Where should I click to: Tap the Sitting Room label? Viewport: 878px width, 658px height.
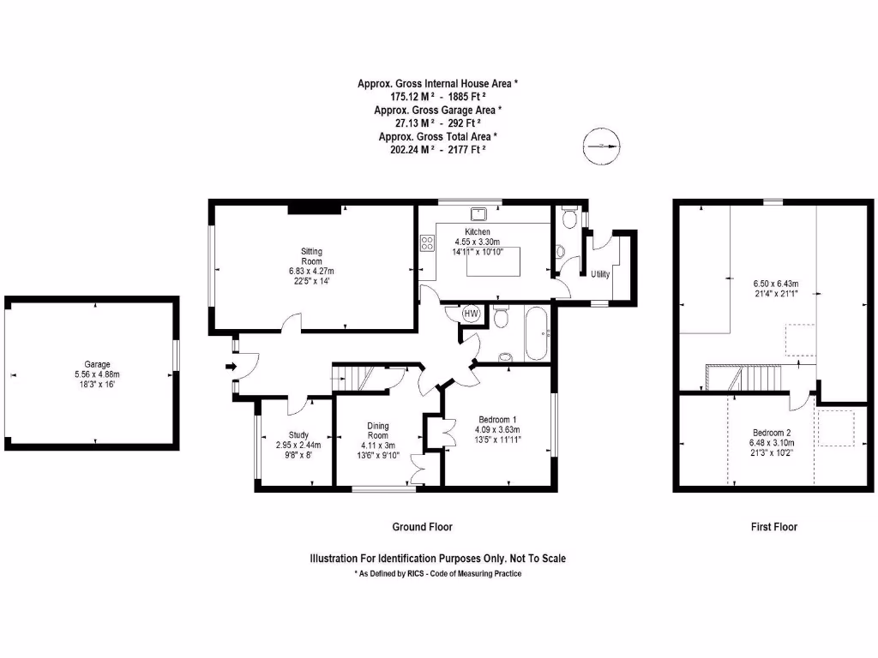(311, 255)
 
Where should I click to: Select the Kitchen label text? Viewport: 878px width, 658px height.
(478, 232)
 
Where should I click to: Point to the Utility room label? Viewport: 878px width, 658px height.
(600, 273)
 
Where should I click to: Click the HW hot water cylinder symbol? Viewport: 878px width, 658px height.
(471, 314)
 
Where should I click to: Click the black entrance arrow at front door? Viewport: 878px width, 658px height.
(230, 367)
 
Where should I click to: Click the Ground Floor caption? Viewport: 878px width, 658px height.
(422, 527)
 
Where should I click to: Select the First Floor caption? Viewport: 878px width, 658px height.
(773, 527)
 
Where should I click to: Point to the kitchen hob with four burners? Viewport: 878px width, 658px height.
(426, 243)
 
